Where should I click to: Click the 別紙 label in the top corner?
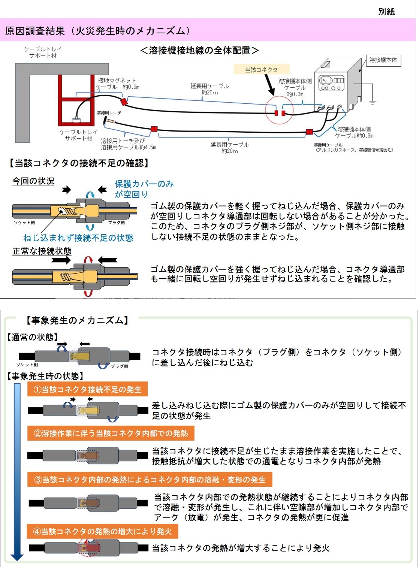click(386, 12)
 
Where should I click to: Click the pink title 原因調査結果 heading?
click(97, 31)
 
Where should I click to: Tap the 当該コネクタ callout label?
click(261, 70)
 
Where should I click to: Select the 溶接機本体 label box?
click(383, 60)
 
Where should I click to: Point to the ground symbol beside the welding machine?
click(373, 101)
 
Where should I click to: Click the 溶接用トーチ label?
click(109, 113)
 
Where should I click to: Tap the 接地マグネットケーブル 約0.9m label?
click(117, 84)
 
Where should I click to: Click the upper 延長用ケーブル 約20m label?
click(209, 89)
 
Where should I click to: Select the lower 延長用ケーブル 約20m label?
click(229, 148)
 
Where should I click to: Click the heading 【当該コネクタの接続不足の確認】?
click(79, 163)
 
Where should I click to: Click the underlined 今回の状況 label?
click(33, 181)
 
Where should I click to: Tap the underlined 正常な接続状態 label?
click(42, 251)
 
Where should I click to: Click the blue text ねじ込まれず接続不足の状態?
click(78, 238)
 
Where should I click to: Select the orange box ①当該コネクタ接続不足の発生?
click(87, 390)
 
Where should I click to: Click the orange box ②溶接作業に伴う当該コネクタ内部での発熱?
click(111, 433)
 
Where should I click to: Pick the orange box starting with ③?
click(150, 480)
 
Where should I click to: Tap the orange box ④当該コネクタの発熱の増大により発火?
click(102, 532)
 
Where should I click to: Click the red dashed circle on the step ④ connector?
click(88, 548)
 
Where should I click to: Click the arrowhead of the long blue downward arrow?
click(17, 557)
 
